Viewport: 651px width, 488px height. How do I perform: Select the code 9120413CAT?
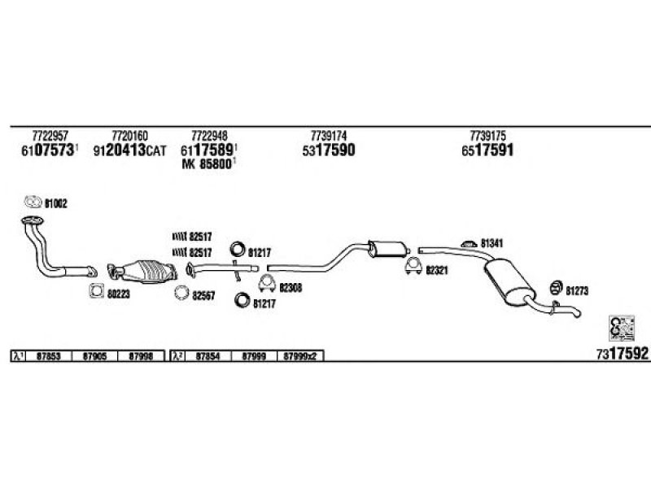pyautogui.click(x=130, y=150)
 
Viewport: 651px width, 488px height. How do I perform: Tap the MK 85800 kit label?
pyautogui.click(x=208, y=163)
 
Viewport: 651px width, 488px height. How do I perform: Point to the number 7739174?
pyautogui.click(x=329, y=134)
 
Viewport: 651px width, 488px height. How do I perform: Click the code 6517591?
pyautogui.click(x=487, y=150)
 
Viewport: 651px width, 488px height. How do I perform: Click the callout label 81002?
pyautogui.click(x=55, y=203)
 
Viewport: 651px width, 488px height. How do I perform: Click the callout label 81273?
pyautogui.click(x=576, y=289)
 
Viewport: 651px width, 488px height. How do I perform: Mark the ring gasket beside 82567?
pyautogui.click(x=181, y=294)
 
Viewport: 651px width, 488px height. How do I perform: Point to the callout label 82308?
pyautogui.click(x=290, y=286)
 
